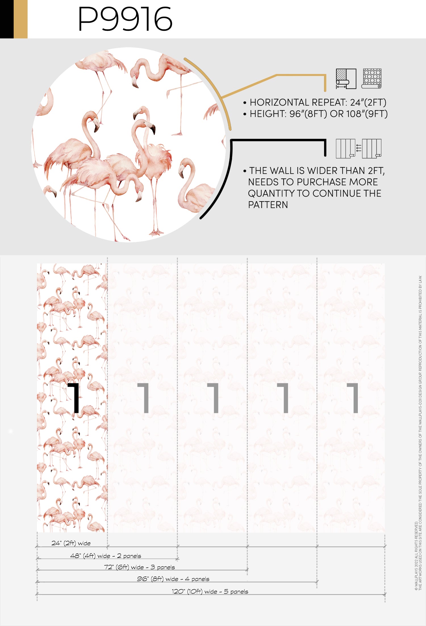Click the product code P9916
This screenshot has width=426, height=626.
(125, 19)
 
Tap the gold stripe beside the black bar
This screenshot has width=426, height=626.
(20, 19)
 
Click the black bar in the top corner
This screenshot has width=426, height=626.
(7, 19)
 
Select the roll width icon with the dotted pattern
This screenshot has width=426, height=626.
(346, 79)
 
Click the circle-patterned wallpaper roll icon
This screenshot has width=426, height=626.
(371, 79)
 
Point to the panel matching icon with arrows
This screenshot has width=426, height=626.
(358, 149)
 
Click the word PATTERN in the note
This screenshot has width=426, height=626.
(268, 205)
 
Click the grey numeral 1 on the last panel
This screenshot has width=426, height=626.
(353, 398)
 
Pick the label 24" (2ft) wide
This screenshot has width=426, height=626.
(71, 543)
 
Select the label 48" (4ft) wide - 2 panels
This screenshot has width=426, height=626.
(106, 556)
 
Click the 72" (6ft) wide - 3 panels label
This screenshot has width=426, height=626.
(139, 567)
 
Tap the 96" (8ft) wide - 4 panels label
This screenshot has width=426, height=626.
(173, 579)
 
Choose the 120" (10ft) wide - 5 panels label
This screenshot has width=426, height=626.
(210, 591)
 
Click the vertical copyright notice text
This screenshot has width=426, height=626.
(418, 433)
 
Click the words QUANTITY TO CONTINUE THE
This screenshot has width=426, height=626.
(315, 193)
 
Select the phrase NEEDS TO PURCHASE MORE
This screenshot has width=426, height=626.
(313, 182)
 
